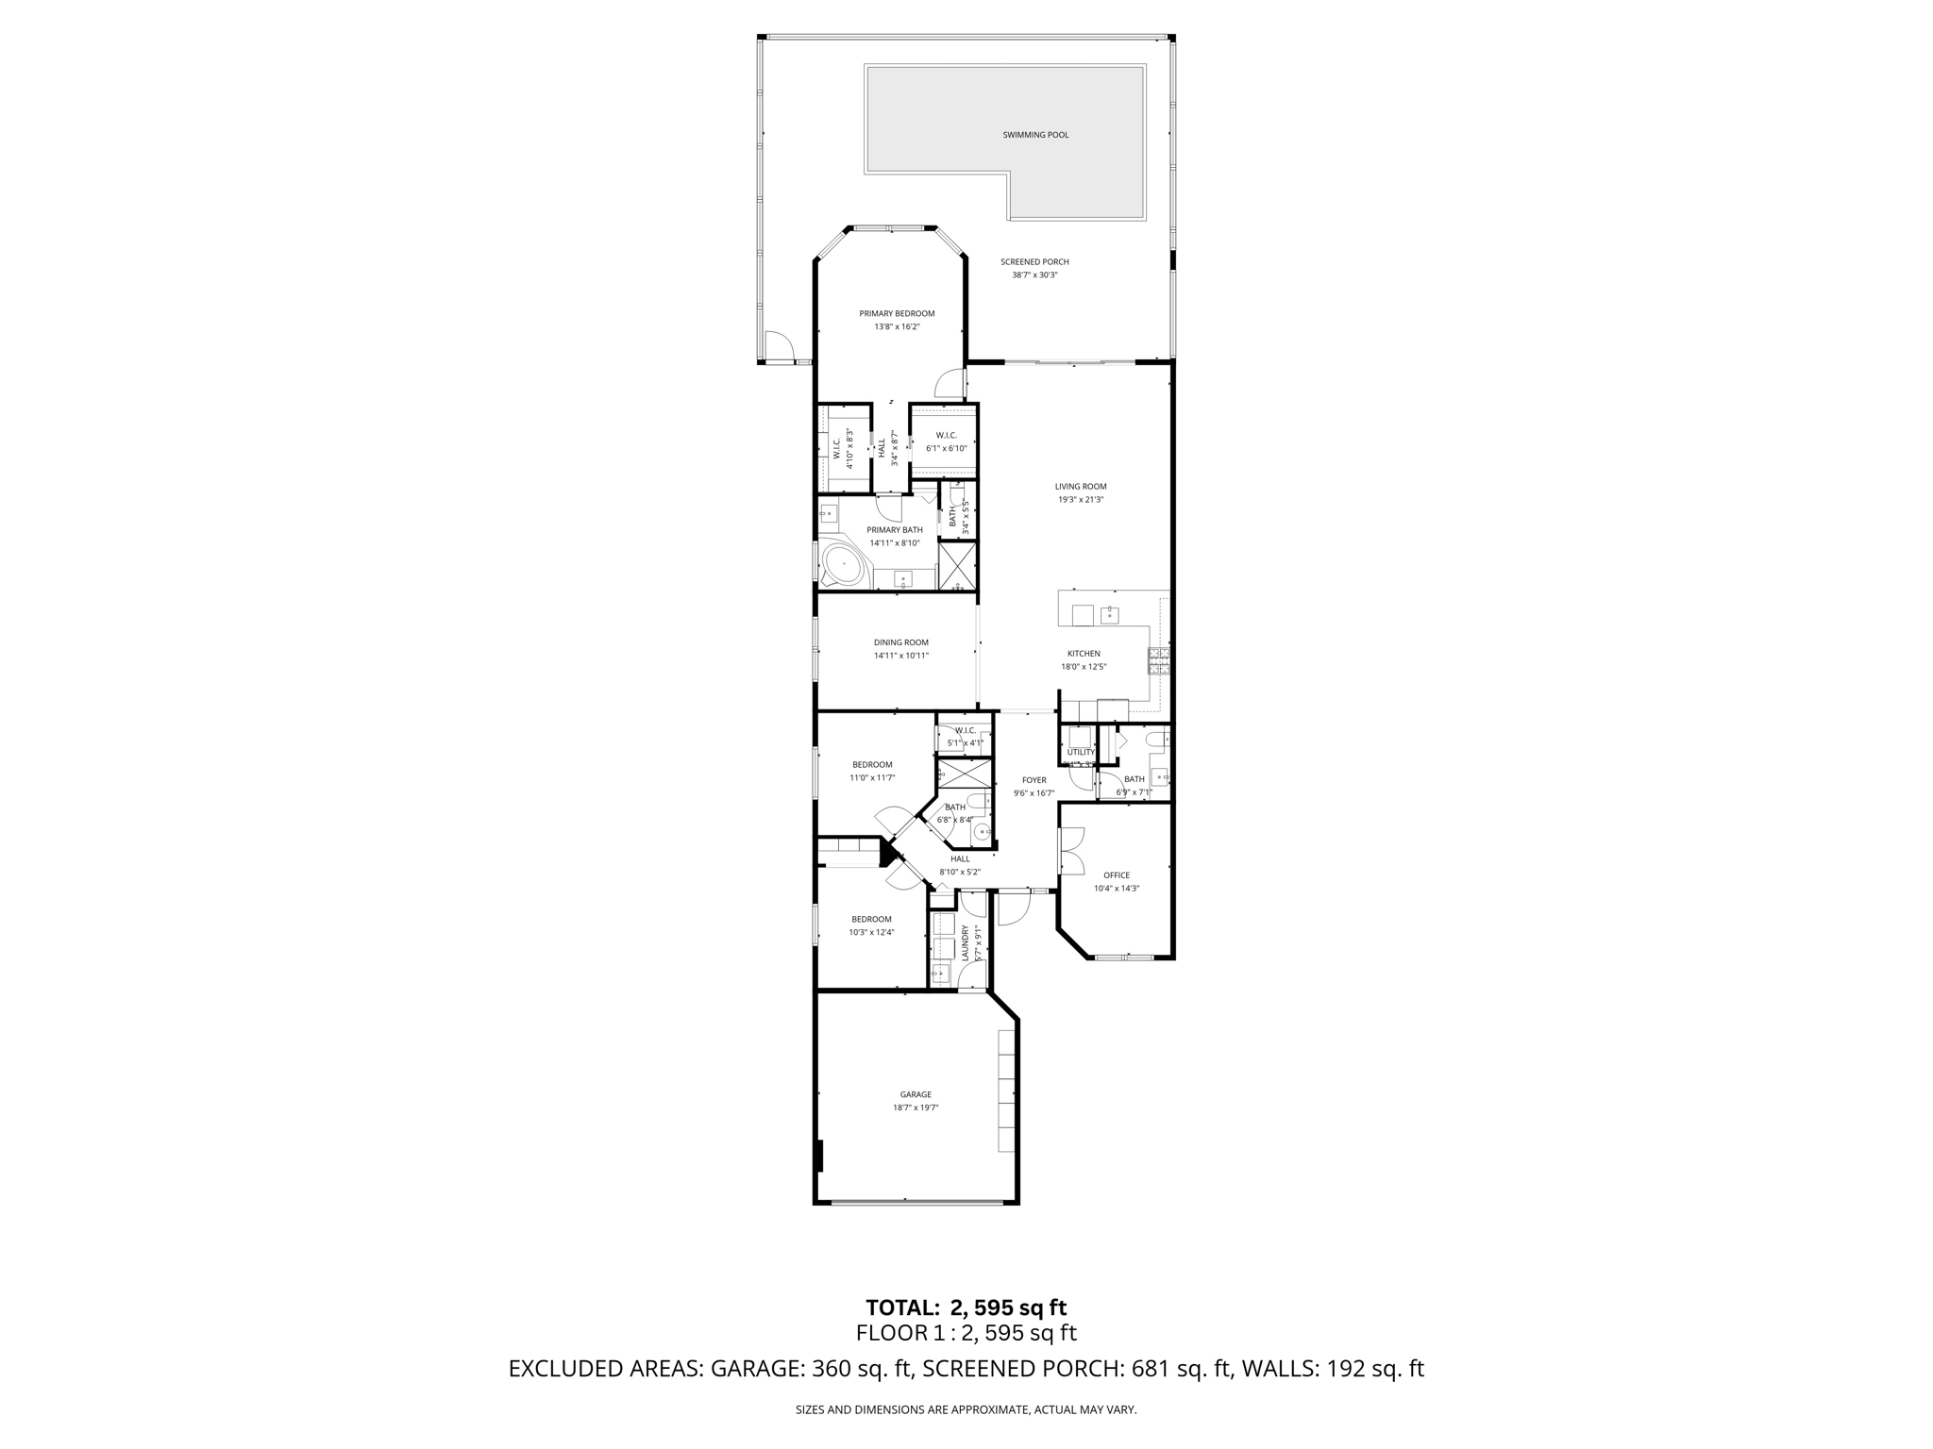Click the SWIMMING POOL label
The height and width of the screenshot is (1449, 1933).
tap(1035, 135)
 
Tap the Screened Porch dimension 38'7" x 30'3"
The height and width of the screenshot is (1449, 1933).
tap(1034, 275)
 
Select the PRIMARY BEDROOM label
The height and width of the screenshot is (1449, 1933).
tap(897, 313)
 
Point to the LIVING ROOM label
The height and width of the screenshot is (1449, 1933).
tap(1081, 487)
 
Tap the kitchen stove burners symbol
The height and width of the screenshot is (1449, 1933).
tap(1159, 661)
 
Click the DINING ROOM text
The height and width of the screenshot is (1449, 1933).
tap(900, 642)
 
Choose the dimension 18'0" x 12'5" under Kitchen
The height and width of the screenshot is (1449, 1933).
tap(1084, 667)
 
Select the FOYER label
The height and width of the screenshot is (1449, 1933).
tap(1034, 780)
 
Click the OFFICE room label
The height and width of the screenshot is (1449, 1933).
tap(1117, 875)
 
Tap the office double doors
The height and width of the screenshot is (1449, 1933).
tap(1072, 850)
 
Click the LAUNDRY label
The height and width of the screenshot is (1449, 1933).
tap(966, 942)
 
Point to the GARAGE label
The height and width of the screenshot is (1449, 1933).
tap(916, 1095)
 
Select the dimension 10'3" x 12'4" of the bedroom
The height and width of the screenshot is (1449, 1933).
tap(871, 932)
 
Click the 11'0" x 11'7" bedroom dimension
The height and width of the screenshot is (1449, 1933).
tap(872, 778)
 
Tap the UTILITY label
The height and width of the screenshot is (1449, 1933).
tap(1081, 752)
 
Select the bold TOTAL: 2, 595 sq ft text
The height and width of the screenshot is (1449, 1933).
tap(966, 1307)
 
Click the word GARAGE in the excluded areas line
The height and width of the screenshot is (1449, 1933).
tap(755, 1369)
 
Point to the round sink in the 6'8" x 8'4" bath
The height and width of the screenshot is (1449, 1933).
tap(982, 832)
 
